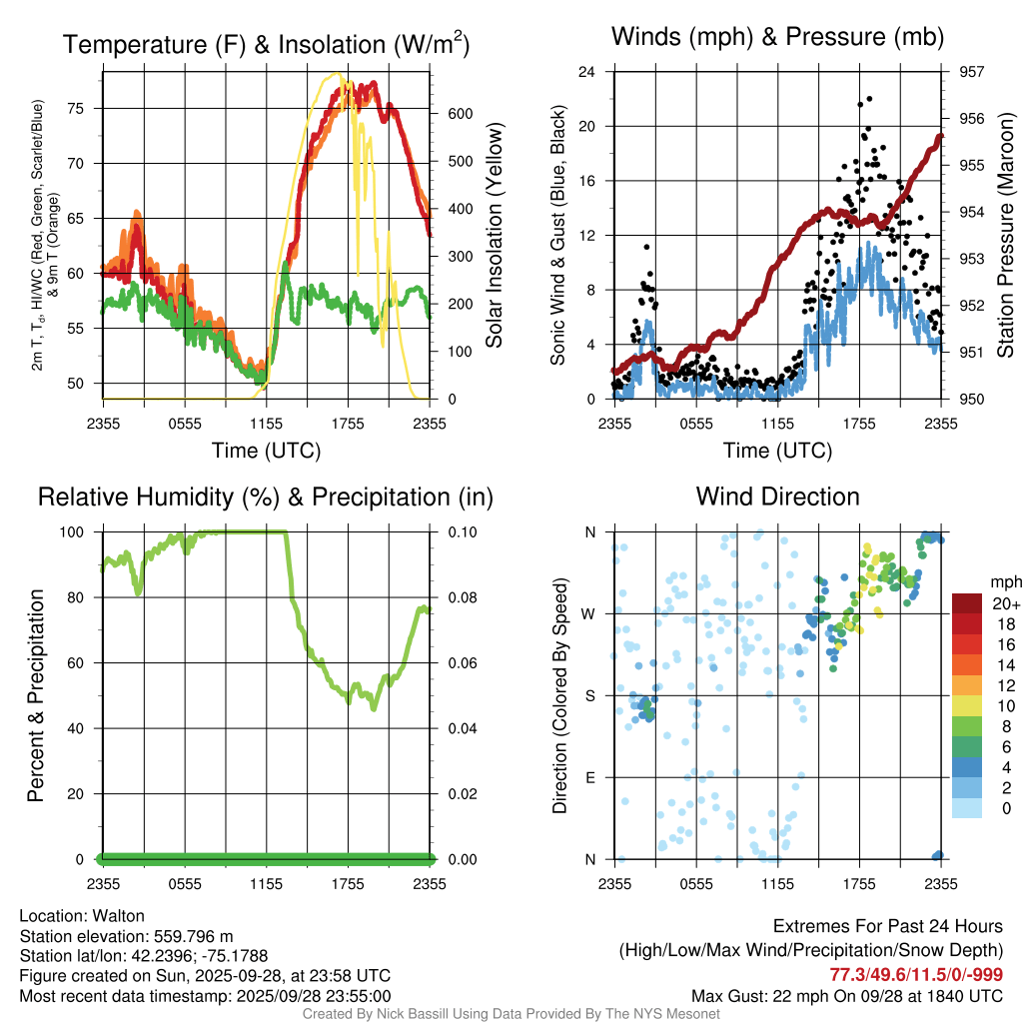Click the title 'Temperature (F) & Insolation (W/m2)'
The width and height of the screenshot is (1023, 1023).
266,44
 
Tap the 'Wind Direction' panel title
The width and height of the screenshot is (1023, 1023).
777,497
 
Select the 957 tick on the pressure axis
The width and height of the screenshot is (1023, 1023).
970,72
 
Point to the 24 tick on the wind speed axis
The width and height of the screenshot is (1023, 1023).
588,72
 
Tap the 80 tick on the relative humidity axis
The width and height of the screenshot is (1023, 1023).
78,597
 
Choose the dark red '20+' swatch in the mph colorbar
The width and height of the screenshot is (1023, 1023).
967,603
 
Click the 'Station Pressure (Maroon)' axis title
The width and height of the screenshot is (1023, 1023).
1006,236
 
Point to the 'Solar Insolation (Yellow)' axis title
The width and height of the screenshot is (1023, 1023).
494,236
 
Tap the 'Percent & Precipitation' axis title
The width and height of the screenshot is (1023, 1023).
36,695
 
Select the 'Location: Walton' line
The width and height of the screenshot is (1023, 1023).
82,916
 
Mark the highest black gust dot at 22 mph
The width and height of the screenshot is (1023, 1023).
870,99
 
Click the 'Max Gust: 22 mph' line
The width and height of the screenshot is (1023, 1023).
847,996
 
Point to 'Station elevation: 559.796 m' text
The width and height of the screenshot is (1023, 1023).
126,936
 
